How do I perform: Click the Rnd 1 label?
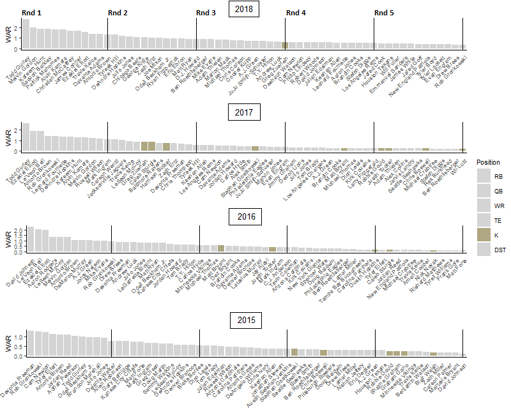pyautogui.click(x=31, y=13)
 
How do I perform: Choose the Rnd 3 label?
pyautogui.click(x=206, y=13)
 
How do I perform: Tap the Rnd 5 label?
pyautogui.click(x=384, y=13)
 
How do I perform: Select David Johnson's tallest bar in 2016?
pyautogui.click(x=30, y=239)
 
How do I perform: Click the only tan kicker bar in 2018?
pyautogui.click(x=285, y=45)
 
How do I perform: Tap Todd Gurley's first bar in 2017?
pyautogui.click(x=26, y=137)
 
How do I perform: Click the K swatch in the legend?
pyautogui.click(x=484, y=235)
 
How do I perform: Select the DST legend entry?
pyautogui.click(x=484, y=250)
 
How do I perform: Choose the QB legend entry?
pyautogui.click(x=484, y=189)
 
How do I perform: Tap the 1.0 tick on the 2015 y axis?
pyautogui.click(x=17, y=336)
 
